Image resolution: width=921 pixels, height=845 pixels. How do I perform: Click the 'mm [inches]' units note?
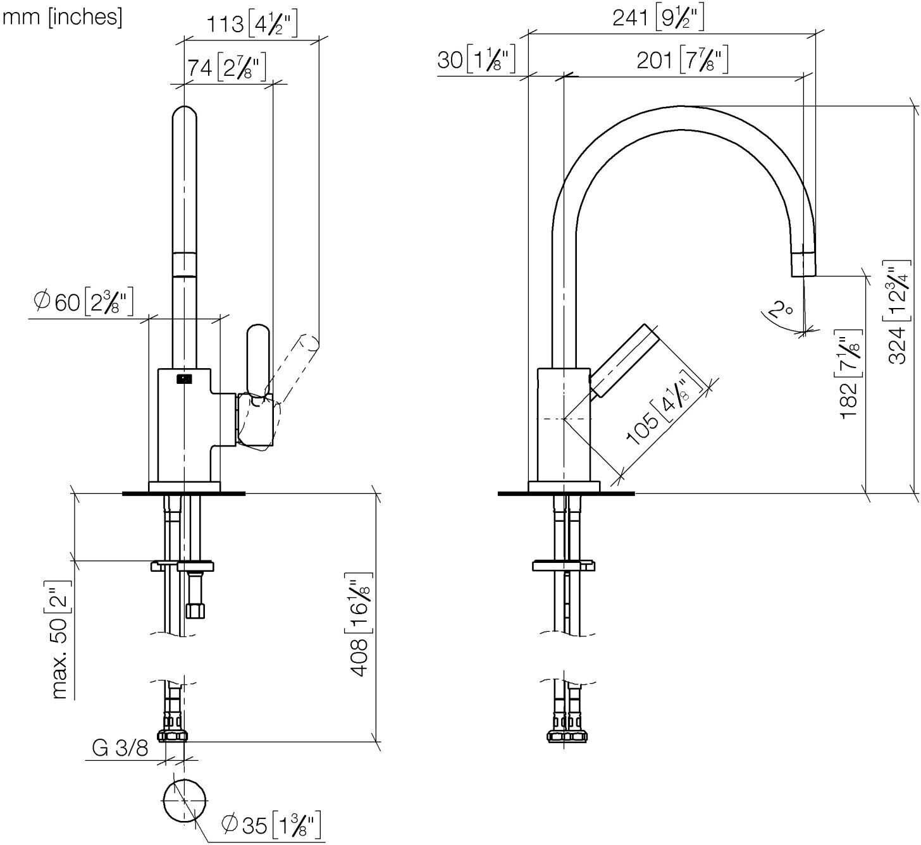pos(63,18)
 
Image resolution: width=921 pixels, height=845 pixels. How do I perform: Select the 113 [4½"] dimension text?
pos(252,23)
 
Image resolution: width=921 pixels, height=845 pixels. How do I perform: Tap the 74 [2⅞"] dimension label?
pos(226,68)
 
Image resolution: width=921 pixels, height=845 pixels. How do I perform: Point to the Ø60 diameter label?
pos(83,302)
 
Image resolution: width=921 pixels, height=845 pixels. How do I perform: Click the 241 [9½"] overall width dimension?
pos(658,18)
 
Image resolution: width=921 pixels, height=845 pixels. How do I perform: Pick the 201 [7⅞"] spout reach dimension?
pos(683,59)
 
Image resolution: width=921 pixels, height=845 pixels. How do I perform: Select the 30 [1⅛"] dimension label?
pos(476,59)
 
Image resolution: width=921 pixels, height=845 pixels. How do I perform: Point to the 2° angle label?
pos(781,309)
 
